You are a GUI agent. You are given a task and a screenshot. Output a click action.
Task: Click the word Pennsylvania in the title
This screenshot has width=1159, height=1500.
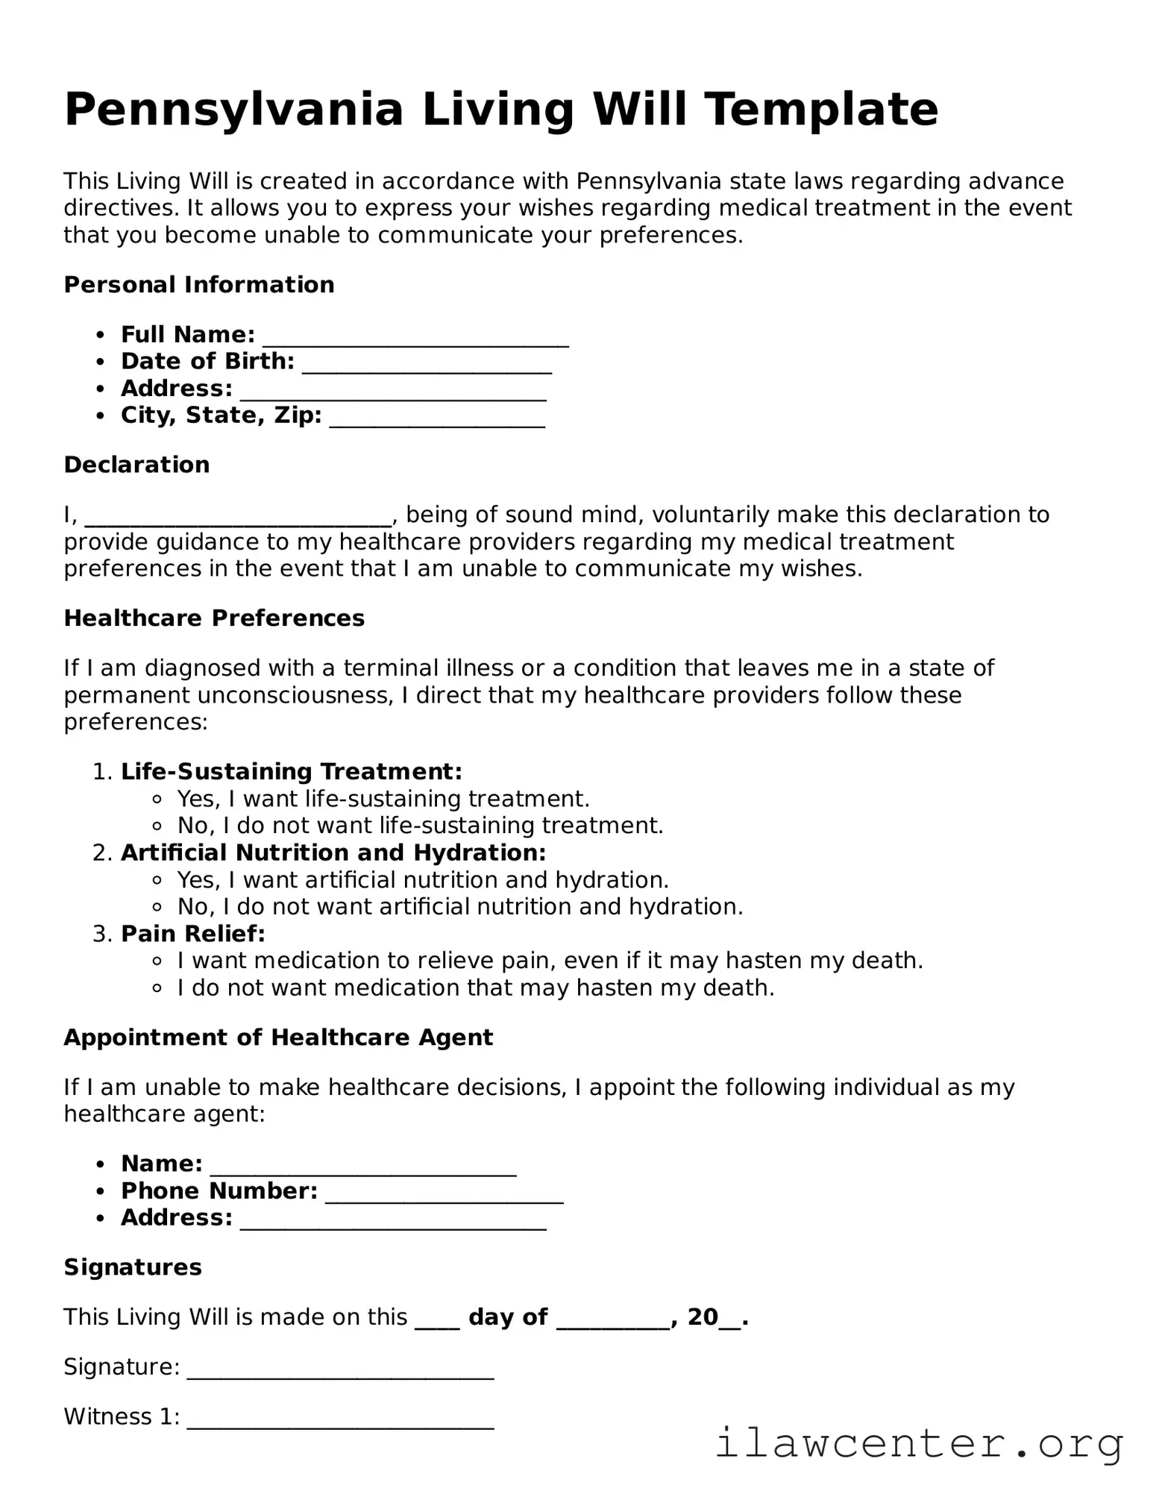(x=233, y=110)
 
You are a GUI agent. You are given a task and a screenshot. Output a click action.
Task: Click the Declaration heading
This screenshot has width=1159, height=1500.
(x=136, y=465)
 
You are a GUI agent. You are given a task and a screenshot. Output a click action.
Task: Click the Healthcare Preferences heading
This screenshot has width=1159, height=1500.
(x=214, y=618)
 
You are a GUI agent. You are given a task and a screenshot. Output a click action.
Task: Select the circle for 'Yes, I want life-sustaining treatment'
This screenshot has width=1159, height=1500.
(x=157, y=800)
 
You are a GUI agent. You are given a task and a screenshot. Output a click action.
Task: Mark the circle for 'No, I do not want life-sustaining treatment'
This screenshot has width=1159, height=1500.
(x=157, y=826)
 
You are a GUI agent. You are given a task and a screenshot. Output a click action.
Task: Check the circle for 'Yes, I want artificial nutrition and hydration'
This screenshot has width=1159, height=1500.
(x=157, y=881)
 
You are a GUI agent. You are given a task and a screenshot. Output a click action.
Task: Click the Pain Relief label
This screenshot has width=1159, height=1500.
(x=192, y=934)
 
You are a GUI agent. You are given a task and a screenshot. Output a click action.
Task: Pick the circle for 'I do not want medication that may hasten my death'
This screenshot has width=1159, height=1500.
(x=157, y=988)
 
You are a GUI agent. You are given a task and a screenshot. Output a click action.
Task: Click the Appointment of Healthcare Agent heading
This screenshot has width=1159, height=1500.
(x=278, y=1038)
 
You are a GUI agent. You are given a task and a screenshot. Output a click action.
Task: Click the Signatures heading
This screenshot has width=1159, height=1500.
(x=133, y=1267)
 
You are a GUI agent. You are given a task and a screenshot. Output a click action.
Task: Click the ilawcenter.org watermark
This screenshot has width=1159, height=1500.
(x=919, y=1443)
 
